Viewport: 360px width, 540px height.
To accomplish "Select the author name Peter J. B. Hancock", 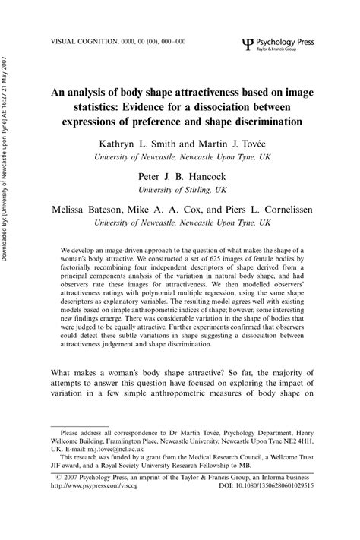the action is click(x=179, y=177).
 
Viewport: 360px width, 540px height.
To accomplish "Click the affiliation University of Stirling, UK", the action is click(x=179, y=191).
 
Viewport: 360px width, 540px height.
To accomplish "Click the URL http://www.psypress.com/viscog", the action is click(x=93, y=506).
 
